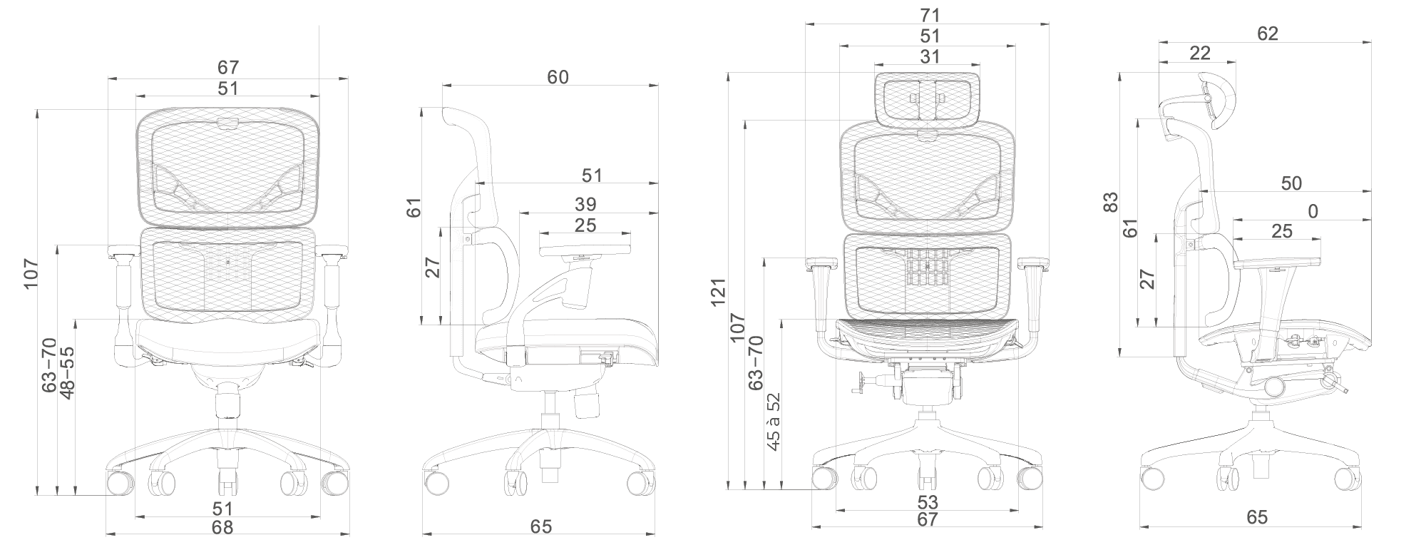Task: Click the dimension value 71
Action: coord(930,15)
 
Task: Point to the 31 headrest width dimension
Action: coord(930,56)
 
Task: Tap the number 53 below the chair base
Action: coord(928,503)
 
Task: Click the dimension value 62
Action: coord(1268,34)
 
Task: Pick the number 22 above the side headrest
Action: coord(1200,54)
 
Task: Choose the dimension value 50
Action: coord(1291,183)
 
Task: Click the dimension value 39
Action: coord(585,205)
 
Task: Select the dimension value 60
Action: coord(558,77)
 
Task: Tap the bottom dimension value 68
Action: coord(223,527)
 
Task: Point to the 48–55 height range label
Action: coord(68,372)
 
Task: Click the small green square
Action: coord(1301,210)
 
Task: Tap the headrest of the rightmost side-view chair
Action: coord(1216,100)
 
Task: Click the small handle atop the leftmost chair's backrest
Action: coord(227,123)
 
